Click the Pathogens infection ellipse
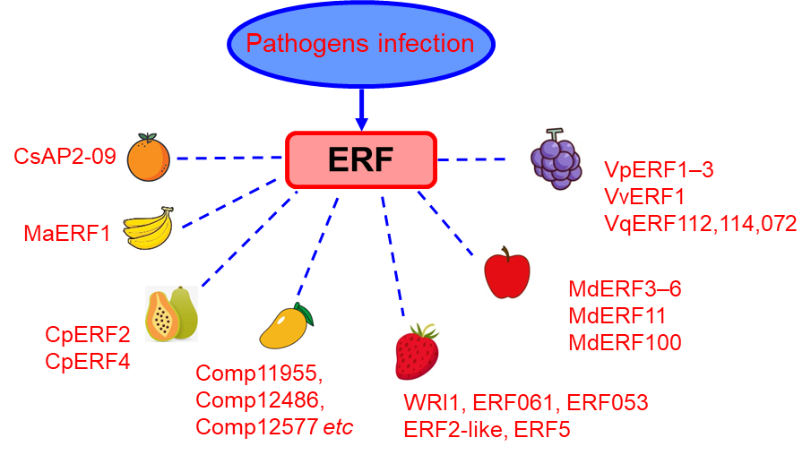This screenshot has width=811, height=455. point(360,43)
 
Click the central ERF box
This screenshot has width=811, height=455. point(360,159)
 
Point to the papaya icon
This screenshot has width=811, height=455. point(171,313)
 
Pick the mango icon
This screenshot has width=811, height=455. point(286,325)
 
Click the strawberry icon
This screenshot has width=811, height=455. point(418,352)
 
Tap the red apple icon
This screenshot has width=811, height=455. point(506,272)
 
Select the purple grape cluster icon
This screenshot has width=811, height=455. point(556,159)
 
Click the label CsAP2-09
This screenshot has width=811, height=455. point(65,157)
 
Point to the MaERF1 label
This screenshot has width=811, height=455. point(67,235)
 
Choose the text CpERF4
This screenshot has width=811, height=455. point(88,362)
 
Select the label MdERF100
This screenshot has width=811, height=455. point(625,342)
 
